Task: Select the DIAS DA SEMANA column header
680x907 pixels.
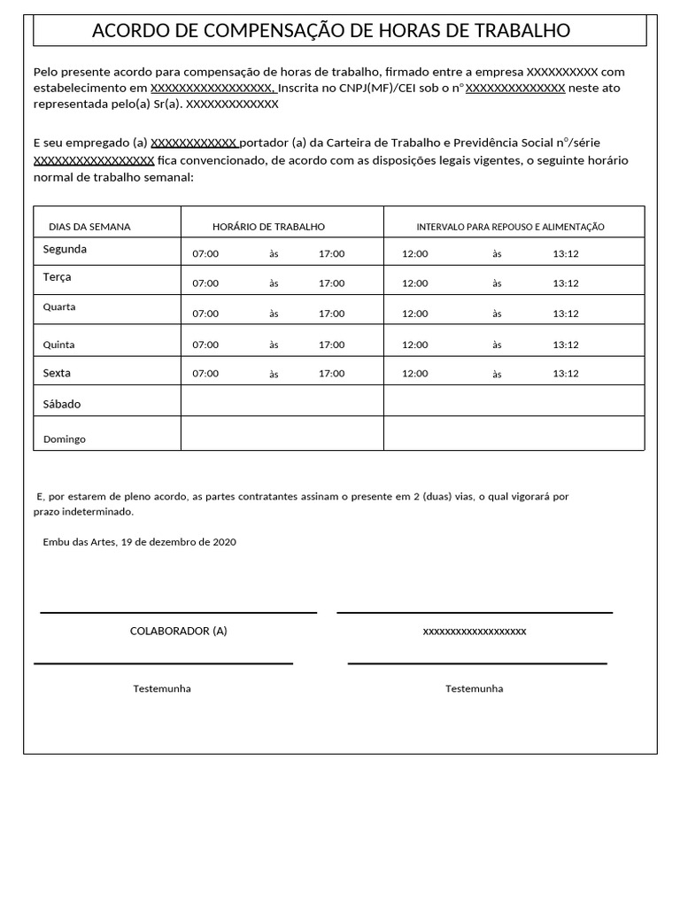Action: coord(89,227)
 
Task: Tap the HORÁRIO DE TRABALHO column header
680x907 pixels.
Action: coord(268,227)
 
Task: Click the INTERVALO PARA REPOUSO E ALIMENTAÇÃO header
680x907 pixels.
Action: coord(510,227)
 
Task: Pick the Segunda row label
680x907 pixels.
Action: coord(65,249)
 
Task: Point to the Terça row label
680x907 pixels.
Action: coord(58,276)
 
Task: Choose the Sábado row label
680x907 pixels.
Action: coord(62,404)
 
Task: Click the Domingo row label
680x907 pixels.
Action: coord(65,438)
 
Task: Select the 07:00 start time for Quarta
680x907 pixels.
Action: coord(205,314)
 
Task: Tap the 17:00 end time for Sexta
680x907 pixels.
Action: coord(332,373)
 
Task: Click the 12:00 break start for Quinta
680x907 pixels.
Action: coord(414,345)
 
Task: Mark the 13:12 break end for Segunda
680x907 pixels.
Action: coord(566,253)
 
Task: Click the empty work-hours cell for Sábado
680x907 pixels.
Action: coord(282,401)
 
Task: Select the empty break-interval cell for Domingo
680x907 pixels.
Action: coord(514,433)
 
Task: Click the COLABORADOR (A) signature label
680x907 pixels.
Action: coord(179,631)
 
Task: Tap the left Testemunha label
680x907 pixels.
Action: coord(162,688)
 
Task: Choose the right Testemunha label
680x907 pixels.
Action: coord(474,688)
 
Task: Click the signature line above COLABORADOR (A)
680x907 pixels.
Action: coord(179,612)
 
